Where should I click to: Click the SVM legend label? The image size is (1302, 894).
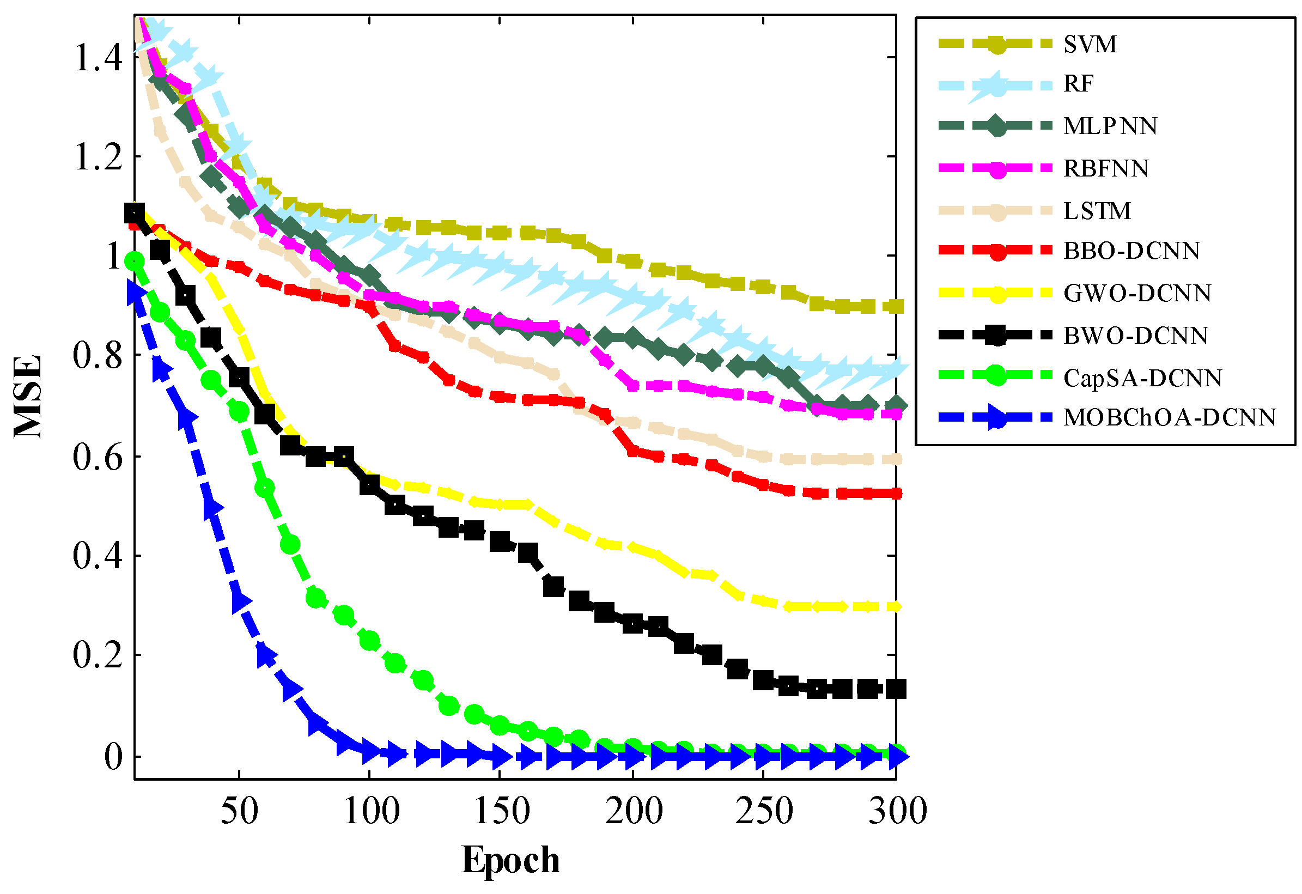[1090, 44]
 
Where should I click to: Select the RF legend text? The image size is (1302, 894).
[1079, 84]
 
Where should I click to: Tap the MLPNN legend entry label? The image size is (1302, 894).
[1110, 126]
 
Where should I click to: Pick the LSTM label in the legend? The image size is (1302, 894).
[1097, 211]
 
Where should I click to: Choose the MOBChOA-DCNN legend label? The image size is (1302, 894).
[1170, 417]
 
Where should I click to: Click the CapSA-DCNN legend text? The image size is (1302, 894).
[1143, 378]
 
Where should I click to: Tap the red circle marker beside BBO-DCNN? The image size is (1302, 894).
[997, 251]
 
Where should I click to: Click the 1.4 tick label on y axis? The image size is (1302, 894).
[98, 57]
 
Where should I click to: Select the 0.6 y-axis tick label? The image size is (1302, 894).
[98, 457]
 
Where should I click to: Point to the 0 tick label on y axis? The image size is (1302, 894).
[114, 757]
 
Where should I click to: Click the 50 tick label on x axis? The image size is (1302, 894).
[240, 811]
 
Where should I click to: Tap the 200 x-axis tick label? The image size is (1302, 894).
[634, 811]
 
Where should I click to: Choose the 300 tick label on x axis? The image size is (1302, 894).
[897, 811]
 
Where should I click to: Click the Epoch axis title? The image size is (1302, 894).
[510, 860]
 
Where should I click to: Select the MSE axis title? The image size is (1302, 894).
[28, 397]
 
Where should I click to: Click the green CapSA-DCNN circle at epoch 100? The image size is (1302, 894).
[370, 640]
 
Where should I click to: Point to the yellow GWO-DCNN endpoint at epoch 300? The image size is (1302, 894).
[896, 607]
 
